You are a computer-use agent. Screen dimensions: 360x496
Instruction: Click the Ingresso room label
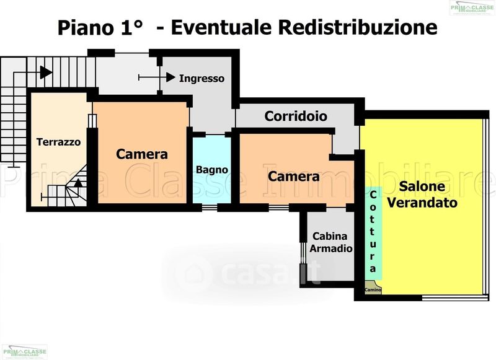pos(201,79)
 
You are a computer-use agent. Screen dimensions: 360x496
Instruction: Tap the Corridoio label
pos(296,116)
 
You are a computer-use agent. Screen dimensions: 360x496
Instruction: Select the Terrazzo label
pos(58,142)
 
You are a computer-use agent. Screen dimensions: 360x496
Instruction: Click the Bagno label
pos(212,169)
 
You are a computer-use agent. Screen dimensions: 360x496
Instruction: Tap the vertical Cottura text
pos(373,232)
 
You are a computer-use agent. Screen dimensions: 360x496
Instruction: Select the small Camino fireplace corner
pos(372,289)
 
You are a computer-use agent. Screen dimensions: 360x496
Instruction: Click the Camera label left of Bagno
pos(142,154)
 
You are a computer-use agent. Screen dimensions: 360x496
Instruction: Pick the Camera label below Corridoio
pos(294,177)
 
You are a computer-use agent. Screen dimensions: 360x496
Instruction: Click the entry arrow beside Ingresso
pos(169,77)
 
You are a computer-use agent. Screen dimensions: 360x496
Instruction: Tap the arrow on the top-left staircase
pos(45,72)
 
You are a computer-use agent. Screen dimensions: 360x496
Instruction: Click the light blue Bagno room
pos(211,186)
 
